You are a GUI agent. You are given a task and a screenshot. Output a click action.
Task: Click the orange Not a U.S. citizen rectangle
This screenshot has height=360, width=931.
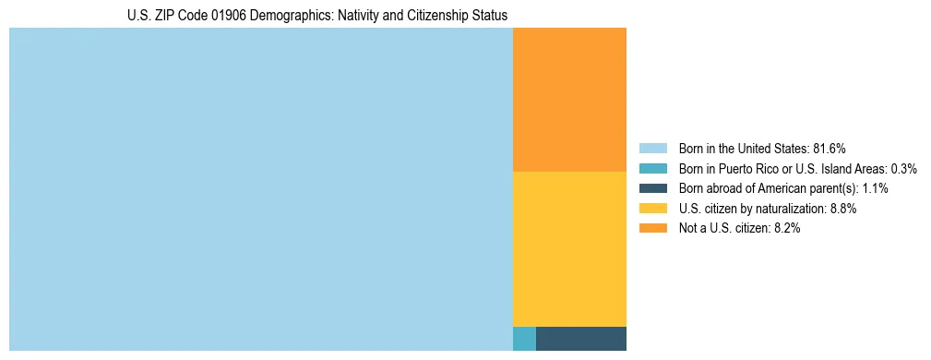click(x=569, y=100)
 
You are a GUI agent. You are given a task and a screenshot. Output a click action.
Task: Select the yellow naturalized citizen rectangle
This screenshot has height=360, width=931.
click(x=569, y=249)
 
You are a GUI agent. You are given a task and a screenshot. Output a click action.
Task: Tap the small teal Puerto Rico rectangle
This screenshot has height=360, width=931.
click(x=524, y=339)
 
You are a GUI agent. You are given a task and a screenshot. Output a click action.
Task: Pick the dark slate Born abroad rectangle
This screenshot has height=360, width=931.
click(x=581, y=339)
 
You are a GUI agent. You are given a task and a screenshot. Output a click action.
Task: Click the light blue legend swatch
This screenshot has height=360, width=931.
click(x=652, y=149)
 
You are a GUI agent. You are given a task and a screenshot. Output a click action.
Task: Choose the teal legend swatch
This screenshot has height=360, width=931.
click(x=652, y=169)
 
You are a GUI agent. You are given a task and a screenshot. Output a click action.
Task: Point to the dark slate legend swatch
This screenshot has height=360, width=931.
click(x=652, y=188)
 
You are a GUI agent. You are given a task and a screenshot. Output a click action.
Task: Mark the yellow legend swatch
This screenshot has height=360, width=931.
click(x=652, y=209)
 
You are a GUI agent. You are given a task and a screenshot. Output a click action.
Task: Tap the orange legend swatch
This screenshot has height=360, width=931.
click(x=652, y=229)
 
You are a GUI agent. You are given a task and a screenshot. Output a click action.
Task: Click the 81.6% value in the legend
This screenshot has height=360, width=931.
click(x=830, y=149)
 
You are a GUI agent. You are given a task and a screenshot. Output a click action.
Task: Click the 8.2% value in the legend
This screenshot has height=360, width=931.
click(x=786, y=229)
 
